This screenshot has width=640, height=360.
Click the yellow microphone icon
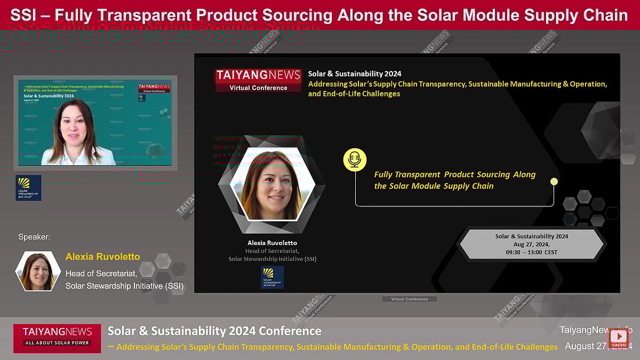pyautogui.click(x=355, y=159)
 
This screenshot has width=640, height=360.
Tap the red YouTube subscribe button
pyautogui.click(x=619, y=338)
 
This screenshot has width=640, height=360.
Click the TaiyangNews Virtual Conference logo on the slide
pyautogui.click(x=258, y=80)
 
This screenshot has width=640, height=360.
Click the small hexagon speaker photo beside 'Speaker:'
pyautogui.click(x=37, y=271)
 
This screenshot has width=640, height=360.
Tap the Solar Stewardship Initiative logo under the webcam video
pyautogui.click(x=28, y=188)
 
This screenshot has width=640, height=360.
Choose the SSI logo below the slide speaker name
pyautogui.click(x=272, y=277)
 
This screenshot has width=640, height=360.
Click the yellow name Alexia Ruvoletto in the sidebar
pyautogui.click(x=102, y=257)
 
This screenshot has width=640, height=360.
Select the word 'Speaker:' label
pyautogui.click(x=34, y=237)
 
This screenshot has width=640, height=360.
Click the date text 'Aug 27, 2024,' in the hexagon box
pyautogui.click(x=531, y=244)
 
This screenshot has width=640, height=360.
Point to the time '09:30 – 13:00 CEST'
pyautogui.click(x=531, y=252)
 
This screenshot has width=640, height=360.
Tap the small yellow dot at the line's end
pyautogui.click(x=554, y=181)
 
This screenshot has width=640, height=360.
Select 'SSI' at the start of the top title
pyautogui.click(x=22, y=15)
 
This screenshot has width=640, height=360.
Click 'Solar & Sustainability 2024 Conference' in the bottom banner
pyautogui.click(x=214, y=331)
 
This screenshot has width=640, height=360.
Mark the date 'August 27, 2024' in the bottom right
pyautogui.click(x=598, y=346)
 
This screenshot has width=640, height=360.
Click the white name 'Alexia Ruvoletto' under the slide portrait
pyautogui.click(x=272, y=243)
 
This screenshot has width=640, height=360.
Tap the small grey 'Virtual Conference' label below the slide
pyautogui.click(x=409, y=299)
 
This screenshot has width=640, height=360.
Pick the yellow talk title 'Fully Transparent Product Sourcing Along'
pyautogui.click(x=454, y=174)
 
